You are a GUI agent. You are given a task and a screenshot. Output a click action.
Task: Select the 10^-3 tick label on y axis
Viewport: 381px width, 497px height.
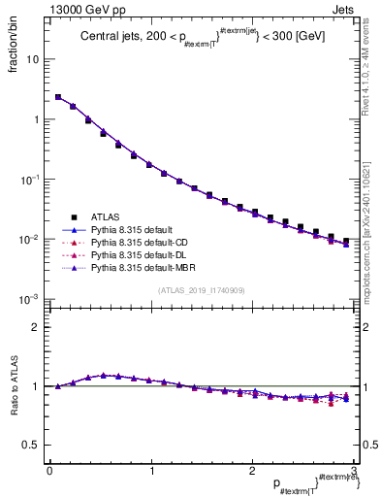point(31,299)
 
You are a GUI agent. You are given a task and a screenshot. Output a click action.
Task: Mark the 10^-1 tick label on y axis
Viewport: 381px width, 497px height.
point(31,180)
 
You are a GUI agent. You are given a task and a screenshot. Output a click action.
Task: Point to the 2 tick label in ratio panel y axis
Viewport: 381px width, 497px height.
point(37,327)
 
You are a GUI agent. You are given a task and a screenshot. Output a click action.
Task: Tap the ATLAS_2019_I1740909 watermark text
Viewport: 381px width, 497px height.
point(202,290)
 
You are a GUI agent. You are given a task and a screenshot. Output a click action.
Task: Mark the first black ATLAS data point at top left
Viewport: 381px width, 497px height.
point(58,97)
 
